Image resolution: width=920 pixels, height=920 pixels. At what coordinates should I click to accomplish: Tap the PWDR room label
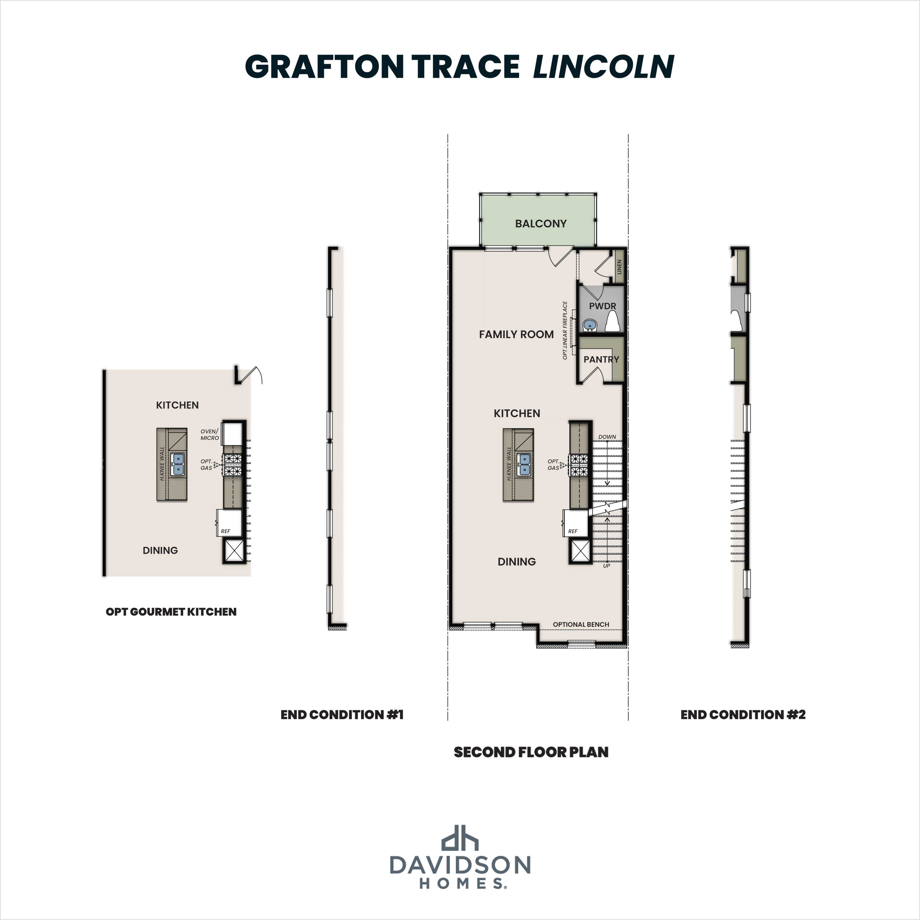pos(602,306)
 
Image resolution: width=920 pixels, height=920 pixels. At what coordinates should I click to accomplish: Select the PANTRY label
pos(601,360)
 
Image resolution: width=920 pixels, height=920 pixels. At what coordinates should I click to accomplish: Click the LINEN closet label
pos(619,267)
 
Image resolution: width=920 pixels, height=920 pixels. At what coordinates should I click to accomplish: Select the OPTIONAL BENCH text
pos(581,624)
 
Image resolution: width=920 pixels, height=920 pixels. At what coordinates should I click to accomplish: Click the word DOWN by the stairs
pos(607,437)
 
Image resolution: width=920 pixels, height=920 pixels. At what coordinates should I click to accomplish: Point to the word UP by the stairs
pos(606,566)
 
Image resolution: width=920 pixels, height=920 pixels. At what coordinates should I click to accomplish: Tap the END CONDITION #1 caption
pos(342,715)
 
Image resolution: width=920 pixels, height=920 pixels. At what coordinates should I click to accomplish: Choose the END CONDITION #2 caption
pos(743,715)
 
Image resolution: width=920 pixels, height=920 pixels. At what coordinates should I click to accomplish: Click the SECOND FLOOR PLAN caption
pos(531,752)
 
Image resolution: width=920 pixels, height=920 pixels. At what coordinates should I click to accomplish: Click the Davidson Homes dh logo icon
pos(460,838)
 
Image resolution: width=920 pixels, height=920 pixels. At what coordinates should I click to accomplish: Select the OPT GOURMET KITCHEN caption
pos(171,612)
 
